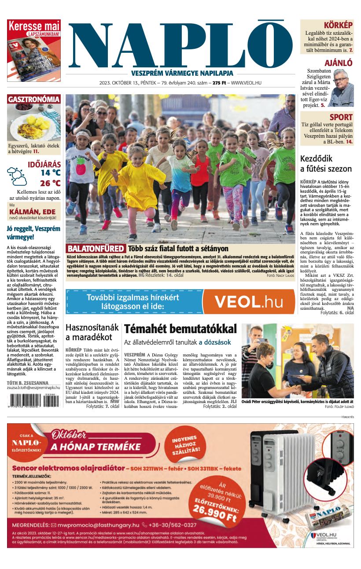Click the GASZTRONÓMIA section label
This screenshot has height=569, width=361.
tap(33, 99)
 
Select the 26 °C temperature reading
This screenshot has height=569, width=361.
tap(50, 183)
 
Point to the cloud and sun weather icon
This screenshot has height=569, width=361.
tap(17, 176)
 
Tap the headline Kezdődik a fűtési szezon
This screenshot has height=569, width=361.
tap(326, 164)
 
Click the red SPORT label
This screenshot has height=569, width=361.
tap(341, 117)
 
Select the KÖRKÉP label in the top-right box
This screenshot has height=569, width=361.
tap(338, 25)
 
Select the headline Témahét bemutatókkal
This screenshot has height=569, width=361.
tap(180, 329)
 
